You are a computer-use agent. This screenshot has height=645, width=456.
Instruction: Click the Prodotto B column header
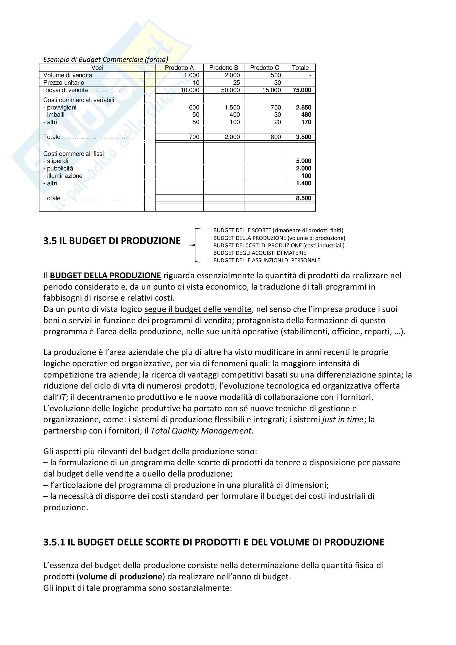click(224, 68)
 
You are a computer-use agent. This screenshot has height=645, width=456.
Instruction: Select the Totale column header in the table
click(300, 68)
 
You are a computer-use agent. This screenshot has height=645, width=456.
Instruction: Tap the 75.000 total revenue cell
click(302, 90)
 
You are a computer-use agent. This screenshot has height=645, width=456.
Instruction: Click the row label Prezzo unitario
click(64, 83)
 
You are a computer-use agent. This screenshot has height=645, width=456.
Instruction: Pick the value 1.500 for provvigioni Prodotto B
click(232, 107)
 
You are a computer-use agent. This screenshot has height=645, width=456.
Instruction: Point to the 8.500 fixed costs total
click(304, 198)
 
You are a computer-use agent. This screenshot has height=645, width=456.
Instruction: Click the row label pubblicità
click(60, 168)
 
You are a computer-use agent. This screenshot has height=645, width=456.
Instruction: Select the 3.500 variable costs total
click(304, 137)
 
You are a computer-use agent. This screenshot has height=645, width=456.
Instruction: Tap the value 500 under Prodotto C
click(276, 75)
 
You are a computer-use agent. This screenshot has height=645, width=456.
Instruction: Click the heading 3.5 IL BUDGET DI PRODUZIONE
click(112, 241)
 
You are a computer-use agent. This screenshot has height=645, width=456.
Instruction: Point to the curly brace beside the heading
click(195, 245)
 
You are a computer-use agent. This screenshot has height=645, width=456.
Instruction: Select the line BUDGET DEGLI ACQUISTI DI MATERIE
click(259, 253)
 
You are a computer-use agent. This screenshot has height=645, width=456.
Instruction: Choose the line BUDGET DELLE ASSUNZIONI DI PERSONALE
click(267, 260)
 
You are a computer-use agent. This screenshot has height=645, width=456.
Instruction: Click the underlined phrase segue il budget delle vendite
click(198, 309)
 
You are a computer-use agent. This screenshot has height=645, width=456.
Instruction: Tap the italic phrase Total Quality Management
click(201, 431)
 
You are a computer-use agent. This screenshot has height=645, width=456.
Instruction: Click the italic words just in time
click(343, 419)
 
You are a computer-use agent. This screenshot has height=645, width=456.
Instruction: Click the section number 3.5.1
click(54, 542)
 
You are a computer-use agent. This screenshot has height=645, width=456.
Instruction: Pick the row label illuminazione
click(65, 176)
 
